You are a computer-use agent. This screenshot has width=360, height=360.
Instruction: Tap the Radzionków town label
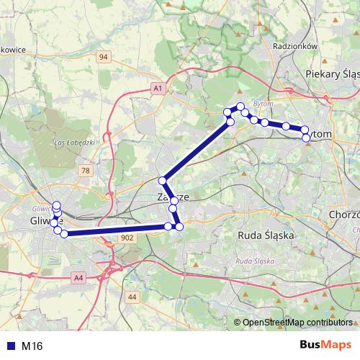coord(296,45)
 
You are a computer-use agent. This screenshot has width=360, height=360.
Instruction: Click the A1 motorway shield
coord(158,88)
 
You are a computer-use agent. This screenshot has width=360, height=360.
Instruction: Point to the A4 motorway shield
coord(78,276)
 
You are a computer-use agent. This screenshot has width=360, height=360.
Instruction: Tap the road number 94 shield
coord(104,56)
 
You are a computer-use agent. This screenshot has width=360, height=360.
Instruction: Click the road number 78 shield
coord(86,171)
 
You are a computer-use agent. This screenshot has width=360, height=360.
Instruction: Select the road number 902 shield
coord(127,237)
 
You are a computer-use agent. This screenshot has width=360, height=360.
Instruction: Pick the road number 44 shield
coord(132,297)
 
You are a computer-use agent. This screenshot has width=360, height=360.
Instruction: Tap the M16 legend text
coord(32,346)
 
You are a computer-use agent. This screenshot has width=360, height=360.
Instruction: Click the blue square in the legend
coord(10,346)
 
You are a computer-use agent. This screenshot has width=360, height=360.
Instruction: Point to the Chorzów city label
coord(343,215)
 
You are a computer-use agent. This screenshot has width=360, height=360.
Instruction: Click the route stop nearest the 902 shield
coord(168,227)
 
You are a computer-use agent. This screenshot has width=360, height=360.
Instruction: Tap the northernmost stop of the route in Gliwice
coord(57,205)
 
